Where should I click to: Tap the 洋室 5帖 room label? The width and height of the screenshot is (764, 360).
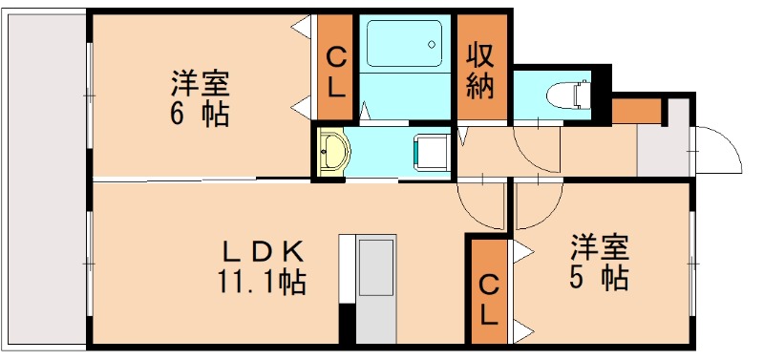[x=600, y=263]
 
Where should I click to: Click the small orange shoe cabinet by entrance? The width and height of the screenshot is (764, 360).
[x=636, y=111]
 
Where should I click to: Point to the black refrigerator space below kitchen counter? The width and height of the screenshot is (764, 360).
[x=348, y=323]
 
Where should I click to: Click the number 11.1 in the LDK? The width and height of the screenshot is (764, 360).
[x=242, y=284]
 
